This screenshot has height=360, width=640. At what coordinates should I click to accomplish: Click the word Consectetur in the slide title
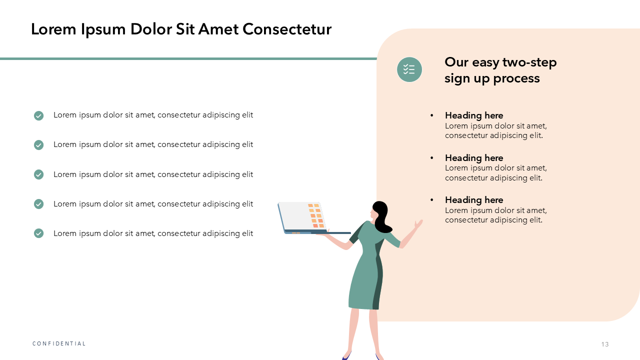pos(287,29)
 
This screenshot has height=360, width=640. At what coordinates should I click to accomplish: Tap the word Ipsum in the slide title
pos(103,30)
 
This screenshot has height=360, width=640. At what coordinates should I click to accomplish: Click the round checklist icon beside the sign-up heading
pos(409,69)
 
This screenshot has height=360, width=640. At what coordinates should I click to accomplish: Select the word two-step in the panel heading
pos(529,63)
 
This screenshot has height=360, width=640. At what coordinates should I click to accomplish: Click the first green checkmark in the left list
pos(38,115)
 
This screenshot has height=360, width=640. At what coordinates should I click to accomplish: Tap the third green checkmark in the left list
pos(38,174)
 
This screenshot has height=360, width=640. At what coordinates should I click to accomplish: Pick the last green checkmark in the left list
pos(38,233)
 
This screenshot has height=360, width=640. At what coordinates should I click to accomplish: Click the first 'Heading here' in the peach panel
pos(474,115)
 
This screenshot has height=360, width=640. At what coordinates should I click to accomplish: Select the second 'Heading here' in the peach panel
pos(474,157)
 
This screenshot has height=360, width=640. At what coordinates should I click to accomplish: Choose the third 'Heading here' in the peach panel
pos(474,199)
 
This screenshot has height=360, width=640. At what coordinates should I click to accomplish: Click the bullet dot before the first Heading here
pos(431,115)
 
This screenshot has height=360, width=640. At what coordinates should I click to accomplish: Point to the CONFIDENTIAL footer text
pos(59,343)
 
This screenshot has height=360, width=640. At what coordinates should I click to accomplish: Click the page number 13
pos(605,344)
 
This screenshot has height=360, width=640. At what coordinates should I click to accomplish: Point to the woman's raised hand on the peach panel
pos(418,223)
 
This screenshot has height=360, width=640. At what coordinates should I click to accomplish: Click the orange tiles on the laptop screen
pos(316,215)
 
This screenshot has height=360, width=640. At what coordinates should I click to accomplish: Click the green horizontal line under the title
pos(188,59)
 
